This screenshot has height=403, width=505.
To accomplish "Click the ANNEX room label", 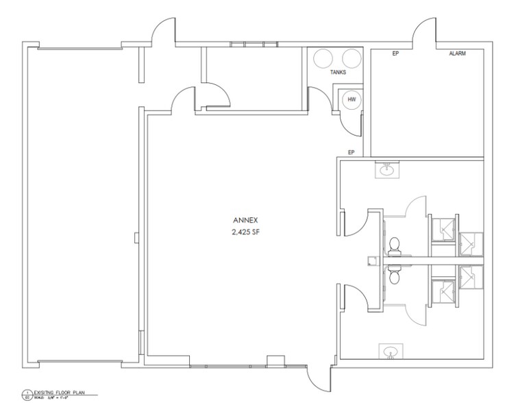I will tap(243, 221).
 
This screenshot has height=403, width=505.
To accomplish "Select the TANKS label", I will tap(338, 71).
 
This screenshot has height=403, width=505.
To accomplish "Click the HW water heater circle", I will tap(352, 100).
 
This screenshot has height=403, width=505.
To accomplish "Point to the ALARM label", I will tap(457, 53).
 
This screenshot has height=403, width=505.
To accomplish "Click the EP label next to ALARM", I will tap(395, 53).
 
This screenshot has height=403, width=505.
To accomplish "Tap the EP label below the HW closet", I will tap(350, 152).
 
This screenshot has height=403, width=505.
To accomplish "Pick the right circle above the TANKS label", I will tap(351, 58).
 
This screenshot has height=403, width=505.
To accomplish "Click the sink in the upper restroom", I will tap(386, 169).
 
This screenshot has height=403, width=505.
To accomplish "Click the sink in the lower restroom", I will tap(391, 352).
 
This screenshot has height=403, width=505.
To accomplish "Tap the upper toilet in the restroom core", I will tap(394, 247).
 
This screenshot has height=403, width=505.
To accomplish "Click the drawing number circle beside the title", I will tap(27, 394).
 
